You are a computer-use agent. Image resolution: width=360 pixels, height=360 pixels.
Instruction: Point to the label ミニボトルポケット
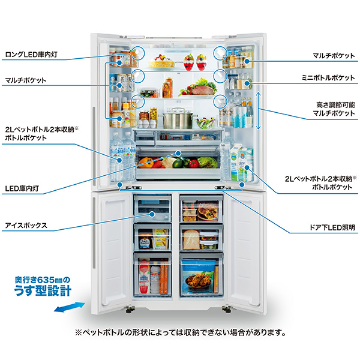(329, 77)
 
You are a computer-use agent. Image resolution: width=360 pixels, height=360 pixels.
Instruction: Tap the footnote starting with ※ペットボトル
(180, 332)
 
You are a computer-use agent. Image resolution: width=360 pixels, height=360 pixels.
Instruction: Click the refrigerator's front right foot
(226, 310)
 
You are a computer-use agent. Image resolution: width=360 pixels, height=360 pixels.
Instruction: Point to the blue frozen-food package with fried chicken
(202, 277)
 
